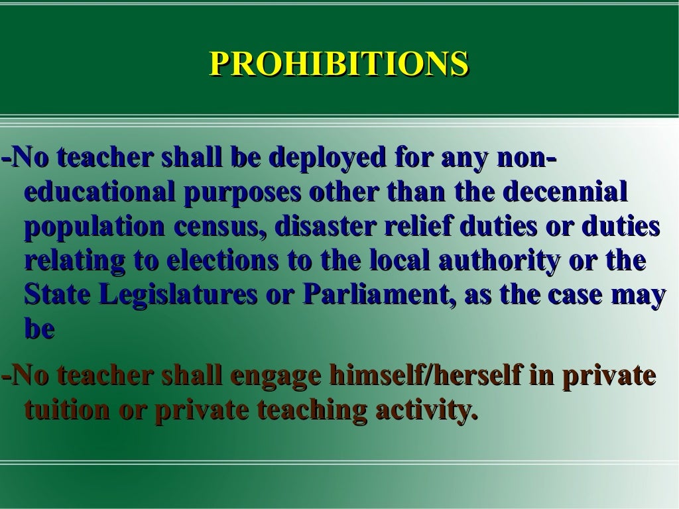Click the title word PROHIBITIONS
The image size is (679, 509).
339,64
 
